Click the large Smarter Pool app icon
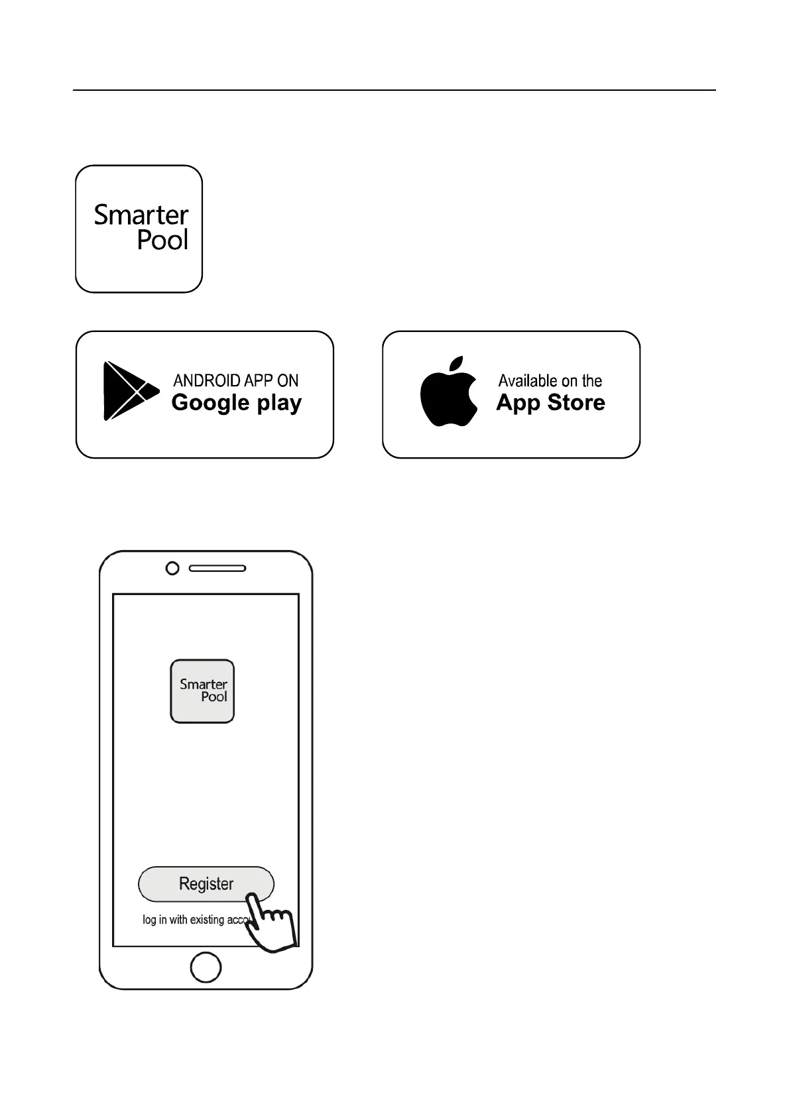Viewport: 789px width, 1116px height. (x=139, y=229)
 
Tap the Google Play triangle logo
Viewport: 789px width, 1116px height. (x=129, y=391)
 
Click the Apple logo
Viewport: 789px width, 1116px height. (x=449, y=392)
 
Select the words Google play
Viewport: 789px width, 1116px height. (x=236, y=403)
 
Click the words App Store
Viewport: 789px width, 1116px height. (x=550, y=403)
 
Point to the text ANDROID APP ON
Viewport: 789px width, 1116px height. (x=235, y=380)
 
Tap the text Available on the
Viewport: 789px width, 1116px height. (x=550, y=380)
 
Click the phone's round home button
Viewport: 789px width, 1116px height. (x=206, y=967)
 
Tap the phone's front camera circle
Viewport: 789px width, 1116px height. (x=172, y=568)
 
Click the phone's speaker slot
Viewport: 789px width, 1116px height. (x=217, y=568)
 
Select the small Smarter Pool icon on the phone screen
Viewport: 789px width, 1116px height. (x=202, y=691)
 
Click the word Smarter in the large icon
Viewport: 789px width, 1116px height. (x=141, y=215)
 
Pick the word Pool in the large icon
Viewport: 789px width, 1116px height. (x=162, y=239)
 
